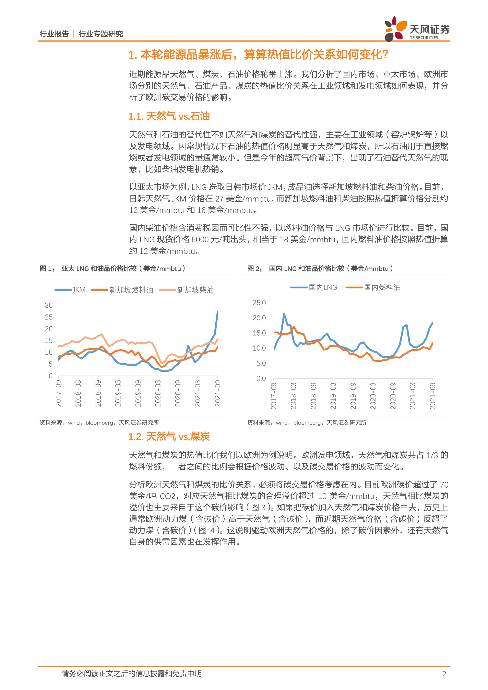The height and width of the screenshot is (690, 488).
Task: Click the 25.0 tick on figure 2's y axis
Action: point(259,303)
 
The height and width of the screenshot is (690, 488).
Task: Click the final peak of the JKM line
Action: point(218,312)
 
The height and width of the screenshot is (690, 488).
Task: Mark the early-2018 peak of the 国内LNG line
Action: point(284,314)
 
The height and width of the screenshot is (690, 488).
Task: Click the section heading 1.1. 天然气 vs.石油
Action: point(169,116)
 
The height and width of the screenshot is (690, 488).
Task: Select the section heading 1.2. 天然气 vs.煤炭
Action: point(169,437)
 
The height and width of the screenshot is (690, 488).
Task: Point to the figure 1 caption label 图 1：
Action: point(47,269)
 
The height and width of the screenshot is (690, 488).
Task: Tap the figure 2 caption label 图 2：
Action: point(255,269)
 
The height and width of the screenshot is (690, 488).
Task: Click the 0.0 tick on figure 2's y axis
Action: point(261,378)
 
